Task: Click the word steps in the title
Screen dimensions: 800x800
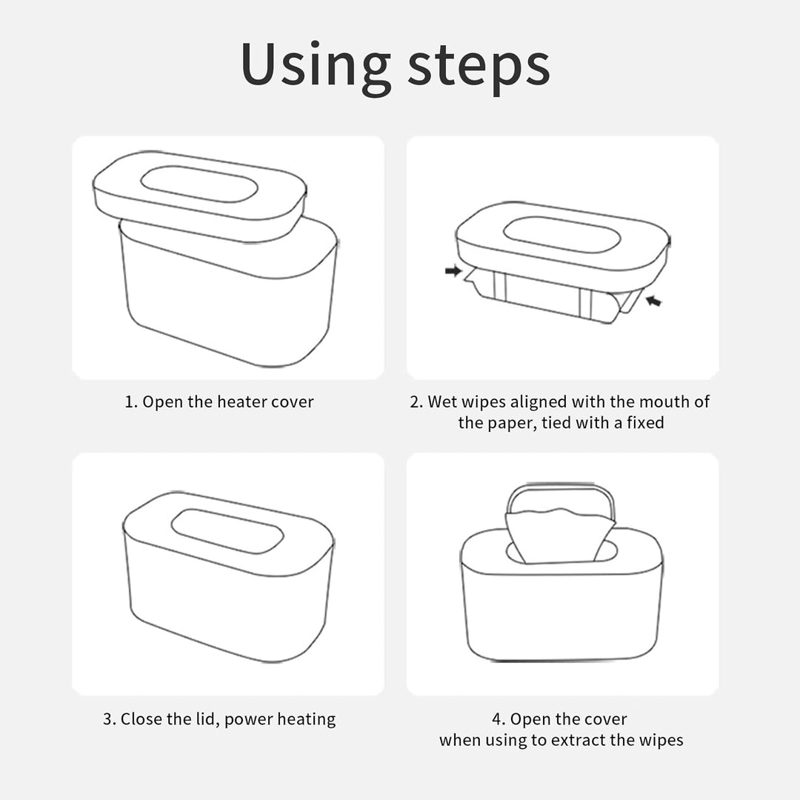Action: pos(479,67)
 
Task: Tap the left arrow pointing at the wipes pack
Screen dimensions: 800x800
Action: pos(453,270)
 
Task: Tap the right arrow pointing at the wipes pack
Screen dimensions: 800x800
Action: pos(653,301)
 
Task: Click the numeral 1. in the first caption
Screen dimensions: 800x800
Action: pos(131,402)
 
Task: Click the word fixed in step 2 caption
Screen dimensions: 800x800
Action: pos(645,423)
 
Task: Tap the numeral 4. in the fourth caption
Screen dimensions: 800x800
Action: pos(499,719)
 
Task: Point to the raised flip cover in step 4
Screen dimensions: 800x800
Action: pos(561,487)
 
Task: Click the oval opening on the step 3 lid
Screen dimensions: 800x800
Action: pos(227,531)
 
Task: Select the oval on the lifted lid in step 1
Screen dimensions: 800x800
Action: pos(199,184)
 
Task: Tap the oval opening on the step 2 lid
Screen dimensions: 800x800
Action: pos(561,235)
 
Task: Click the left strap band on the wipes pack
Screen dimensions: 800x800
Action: pos(499,287)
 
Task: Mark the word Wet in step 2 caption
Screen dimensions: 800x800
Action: pos(441,402)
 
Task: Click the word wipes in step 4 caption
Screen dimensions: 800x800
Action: pos(663,740)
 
